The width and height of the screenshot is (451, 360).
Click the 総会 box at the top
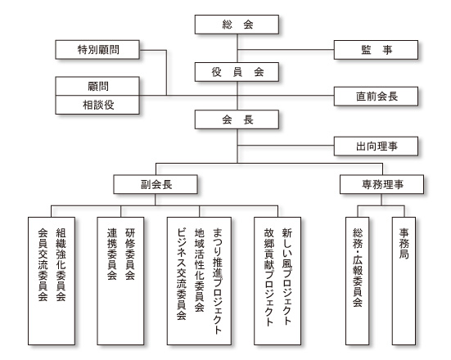coord(237,25)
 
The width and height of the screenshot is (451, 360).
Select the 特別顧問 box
coord(97,50)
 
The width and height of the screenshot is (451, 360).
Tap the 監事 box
coord(376,50)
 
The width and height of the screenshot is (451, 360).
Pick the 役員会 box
coord(237,72)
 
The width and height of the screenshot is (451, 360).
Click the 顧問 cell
coord(97,86)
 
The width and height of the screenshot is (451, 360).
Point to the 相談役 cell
coord(97,105)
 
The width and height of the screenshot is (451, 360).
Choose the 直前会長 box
coord(376,97)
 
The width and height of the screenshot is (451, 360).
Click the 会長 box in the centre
coord(237,119)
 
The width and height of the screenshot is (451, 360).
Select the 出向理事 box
coord(376,146)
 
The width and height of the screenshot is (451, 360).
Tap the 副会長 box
coord(156,184)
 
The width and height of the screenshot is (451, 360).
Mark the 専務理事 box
coord(381,184)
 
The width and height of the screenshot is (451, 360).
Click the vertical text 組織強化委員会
coord(61,264)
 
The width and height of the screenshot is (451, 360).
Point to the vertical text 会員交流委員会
coord(43,264)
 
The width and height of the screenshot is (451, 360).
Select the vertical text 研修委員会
coord(130,254)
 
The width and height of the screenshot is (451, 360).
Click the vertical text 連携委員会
coord(112,254)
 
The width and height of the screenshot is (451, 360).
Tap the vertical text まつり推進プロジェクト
coord(218,281)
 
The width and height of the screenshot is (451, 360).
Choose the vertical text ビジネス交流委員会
coord(182,274)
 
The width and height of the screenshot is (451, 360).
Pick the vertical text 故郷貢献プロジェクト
coord(269,277)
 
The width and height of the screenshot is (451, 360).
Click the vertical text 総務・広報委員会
coord(358,268)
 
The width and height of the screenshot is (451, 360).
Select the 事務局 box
coord(404,281)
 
